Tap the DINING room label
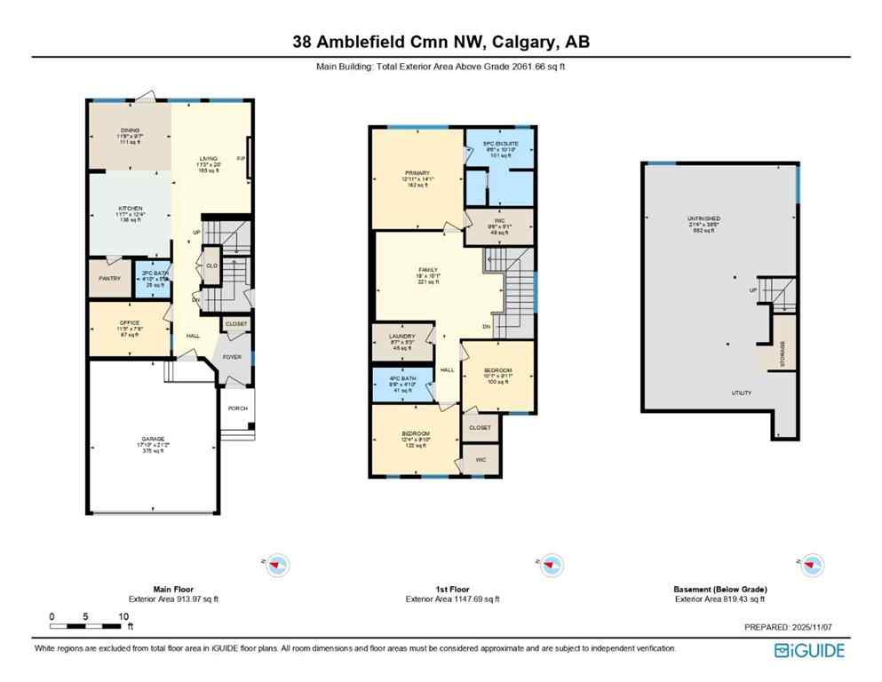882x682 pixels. [131, 131]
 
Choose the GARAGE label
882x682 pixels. [152, 439]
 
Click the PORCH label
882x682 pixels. [237, 409]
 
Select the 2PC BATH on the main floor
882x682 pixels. [153, 274]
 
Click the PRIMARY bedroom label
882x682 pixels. [417, 173]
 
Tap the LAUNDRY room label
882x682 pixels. [402, 336]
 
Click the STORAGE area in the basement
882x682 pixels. [782, 353]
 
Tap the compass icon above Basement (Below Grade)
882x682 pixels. [808, 563]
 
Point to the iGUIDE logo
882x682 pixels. [809, 650]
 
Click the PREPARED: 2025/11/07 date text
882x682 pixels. [794, 628]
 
